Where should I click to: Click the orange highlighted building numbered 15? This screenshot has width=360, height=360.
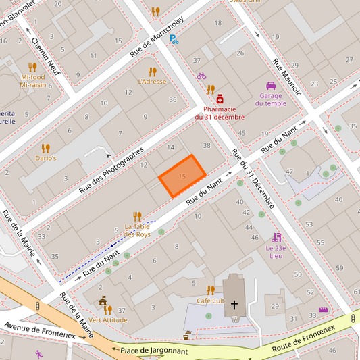point(182,176)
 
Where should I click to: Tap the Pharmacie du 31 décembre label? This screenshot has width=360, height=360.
point(220,113)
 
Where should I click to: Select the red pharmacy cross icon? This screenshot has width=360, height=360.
point(220,99)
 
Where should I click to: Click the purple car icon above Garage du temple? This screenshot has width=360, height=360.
point(270,86)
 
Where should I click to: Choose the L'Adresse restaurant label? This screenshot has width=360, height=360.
point(151,82)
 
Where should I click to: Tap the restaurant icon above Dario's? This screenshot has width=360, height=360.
point(46,147)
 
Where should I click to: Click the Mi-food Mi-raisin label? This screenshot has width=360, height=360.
point(32,81)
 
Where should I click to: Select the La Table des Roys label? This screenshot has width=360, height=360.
point(137,230)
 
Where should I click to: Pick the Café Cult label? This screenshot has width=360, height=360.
point(210,300)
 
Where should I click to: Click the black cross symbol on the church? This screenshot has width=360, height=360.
point(234,305)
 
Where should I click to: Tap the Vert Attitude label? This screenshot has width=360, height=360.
point(107,319)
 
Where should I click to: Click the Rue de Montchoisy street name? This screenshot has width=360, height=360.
point(157,39)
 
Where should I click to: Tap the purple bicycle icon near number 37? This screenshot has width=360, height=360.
point(201,76)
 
